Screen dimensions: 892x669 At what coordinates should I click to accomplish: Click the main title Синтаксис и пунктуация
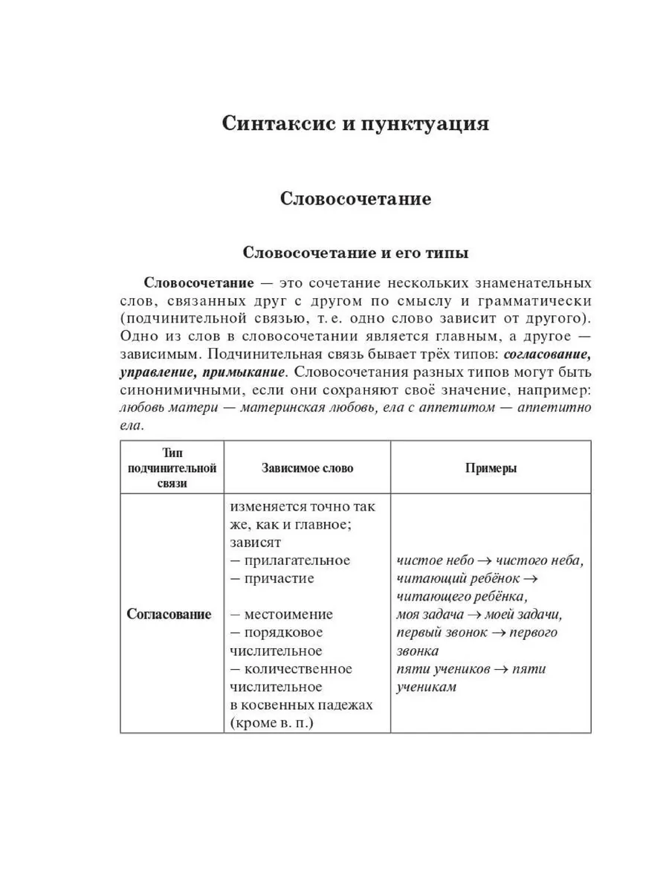[x=356, y=123]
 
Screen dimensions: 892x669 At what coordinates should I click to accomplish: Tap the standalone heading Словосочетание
[x=356, y=199]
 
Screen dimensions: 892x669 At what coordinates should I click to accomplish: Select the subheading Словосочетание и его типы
[x=356, y=253]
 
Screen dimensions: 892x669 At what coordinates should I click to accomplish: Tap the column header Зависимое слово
[x=308, y=468]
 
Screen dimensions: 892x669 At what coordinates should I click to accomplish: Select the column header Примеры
[x=491, y=468]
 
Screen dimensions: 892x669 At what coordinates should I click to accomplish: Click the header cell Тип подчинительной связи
[x=172, y=468]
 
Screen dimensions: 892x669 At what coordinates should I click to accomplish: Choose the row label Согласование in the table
[x=169, y=615]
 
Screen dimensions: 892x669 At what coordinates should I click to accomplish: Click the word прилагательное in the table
[x=296, y=560]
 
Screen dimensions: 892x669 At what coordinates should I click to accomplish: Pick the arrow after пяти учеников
[x=501, y=669]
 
